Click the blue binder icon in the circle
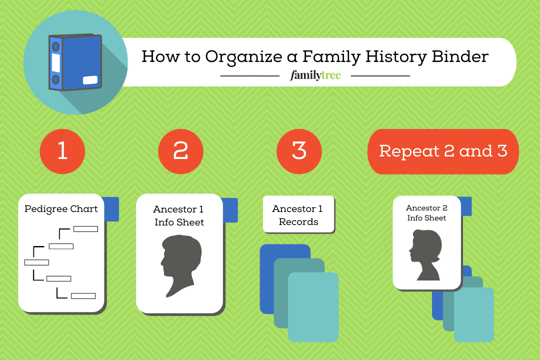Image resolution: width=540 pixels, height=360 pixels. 75,62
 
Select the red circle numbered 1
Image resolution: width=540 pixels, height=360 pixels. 62,151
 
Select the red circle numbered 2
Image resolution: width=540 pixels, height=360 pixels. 180,151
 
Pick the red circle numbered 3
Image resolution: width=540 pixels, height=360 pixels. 299,151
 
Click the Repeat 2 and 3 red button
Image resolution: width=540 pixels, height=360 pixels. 443,151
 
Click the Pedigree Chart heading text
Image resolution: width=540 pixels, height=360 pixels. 61,209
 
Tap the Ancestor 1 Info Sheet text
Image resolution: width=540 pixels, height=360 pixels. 179,215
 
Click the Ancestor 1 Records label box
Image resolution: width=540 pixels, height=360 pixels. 298,215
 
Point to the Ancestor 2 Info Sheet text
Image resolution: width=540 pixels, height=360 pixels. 426,212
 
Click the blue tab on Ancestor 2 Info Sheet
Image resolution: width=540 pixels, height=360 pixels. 466,206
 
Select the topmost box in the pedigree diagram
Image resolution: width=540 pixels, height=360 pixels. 85,229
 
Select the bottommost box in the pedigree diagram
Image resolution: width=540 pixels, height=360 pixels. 83,296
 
